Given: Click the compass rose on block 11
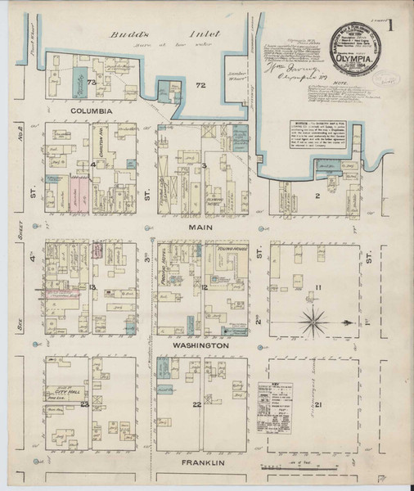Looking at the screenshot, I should point(313,318).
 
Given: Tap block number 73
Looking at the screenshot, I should point(92,83).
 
